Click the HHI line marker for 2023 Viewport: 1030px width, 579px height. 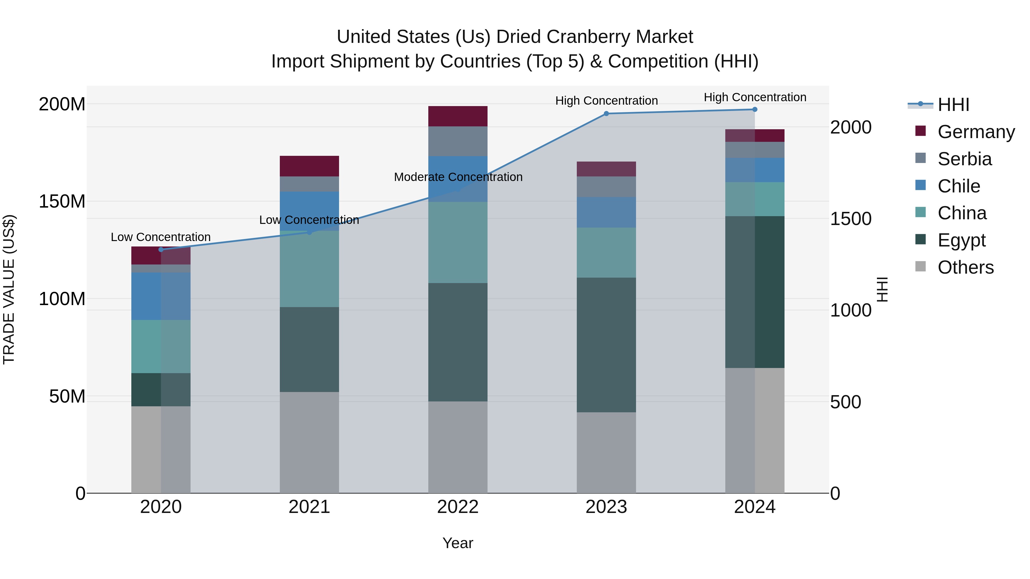click(x=606, y=114)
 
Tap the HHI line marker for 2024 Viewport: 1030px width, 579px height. click(x=754, y=110)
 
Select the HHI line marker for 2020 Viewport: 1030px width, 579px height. click(x=161, y=250)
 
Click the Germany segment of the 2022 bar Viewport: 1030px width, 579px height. click(x=458, y=116)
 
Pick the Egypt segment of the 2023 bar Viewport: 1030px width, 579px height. click(x=606, y=345)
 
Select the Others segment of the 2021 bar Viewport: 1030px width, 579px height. click(x=309, y=442)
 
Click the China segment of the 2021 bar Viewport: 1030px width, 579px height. click(x=309, y=269)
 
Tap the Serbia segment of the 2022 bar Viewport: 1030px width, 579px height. click(x=458, y=141)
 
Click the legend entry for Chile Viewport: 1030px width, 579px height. click(x=958, y=186)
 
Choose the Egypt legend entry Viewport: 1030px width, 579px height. click(x=961, y=240)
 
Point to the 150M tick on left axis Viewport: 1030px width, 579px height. click(x=62, y=201)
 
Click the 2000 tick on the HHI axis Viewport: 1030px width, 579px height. click(x=851, y=128)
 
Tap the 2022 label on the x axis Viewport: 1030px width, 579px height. click(x=458, y=507)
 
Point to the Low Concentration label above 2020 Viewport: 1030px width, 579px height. click(x=161, y=237)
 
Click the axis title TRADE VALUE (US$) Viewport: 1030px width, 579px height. click(x=9, y=289)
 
